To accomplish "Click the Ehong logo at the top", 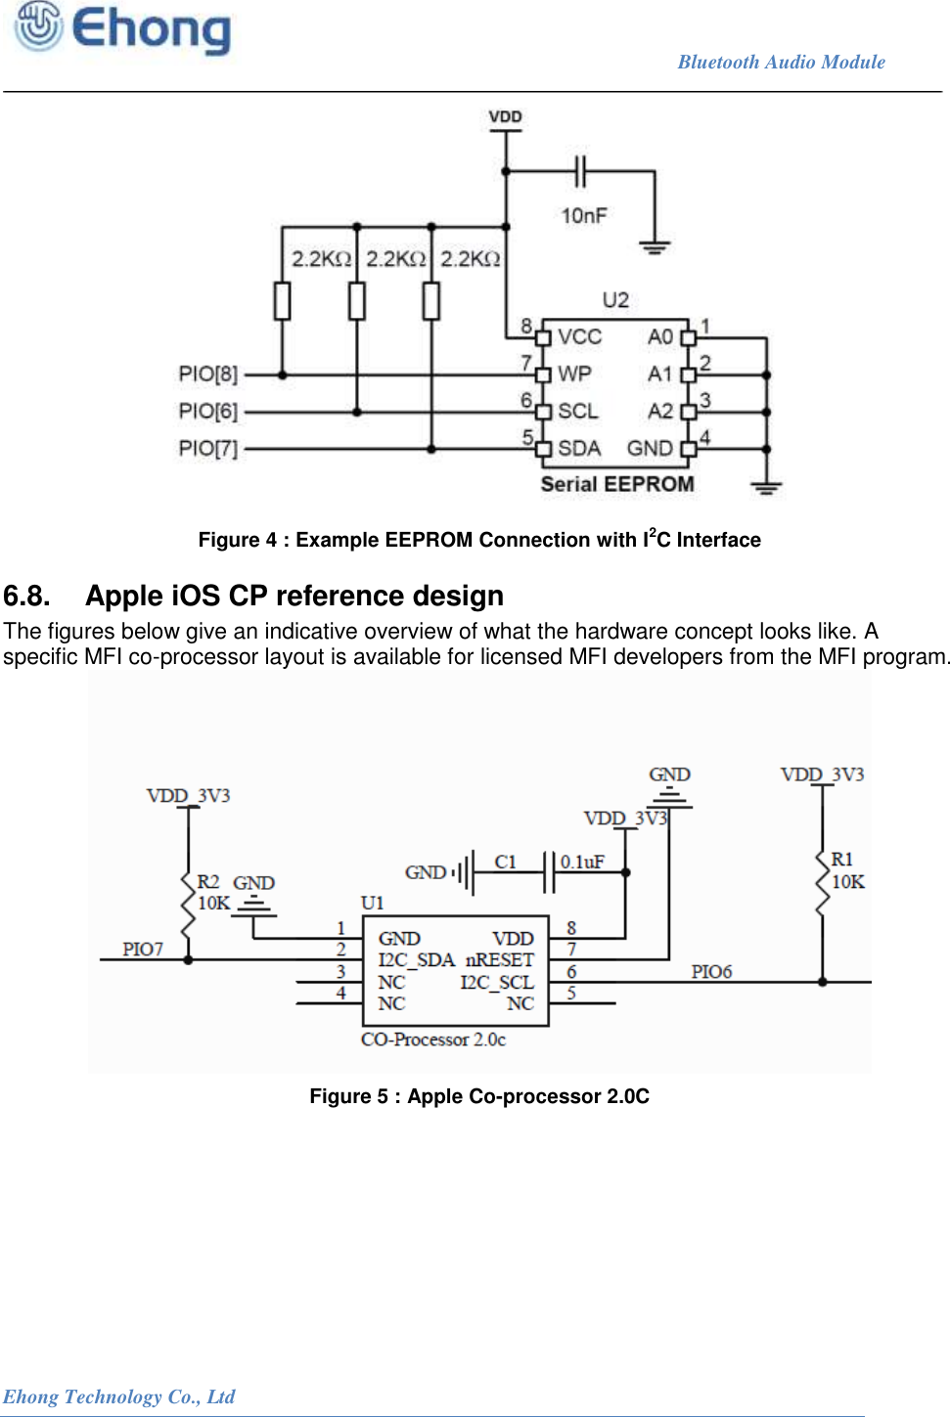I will click(x=123, y=29).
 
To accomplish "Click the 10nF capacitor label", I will click(x=584, y=215).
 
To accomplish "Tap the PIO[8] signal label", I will click(x=208, y=375).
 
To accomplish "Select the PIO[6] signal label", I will click(x=208, y=412).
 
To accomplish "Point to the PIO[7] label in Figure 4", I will click(x=208, y=449).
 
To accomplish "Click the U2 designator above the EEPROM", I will click(x=615, y=300).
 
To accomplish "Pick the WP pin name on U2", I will click(x=574, y=374).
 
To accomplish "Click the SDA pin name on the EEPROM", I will click(x=578, y=448).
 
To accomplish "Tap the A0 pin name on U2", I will click(x=660, y=337).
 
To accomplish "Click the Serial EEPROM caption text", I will click(x=617, y=484).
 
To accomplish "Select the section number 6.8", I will click(x=26, y=596).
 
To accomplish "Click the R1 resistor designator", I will click(x=841, y=860).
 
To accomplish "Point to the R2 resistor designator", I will click(x=208, y=882).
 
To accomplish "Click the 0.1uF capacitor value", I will click(x=582, y=862).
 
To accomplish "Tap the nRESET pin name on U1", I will click(x=499, y=960).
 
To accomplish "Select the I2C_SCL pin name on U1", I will click(x=497, y=983).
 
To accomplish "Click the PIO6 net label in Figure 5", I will click(x=711, y=972).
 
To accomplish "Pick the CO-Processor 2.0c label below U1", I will click(x=433, y=1040).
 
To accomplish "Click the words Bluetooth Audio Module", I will click(x=781, y=63).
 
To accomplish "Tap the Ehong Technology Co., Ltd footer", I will click(x=118, y=1396).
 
